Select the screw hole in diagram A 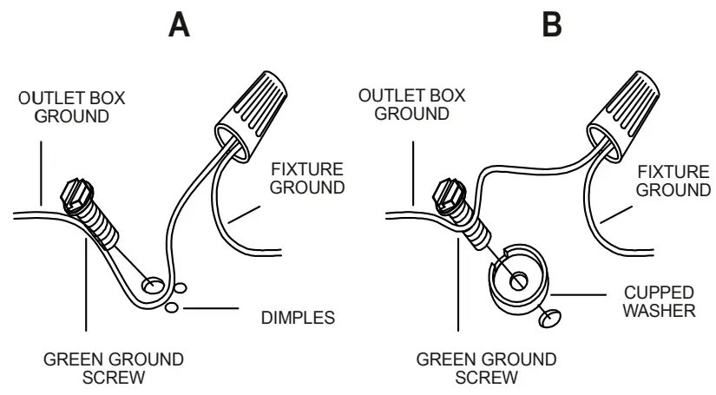154,284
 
